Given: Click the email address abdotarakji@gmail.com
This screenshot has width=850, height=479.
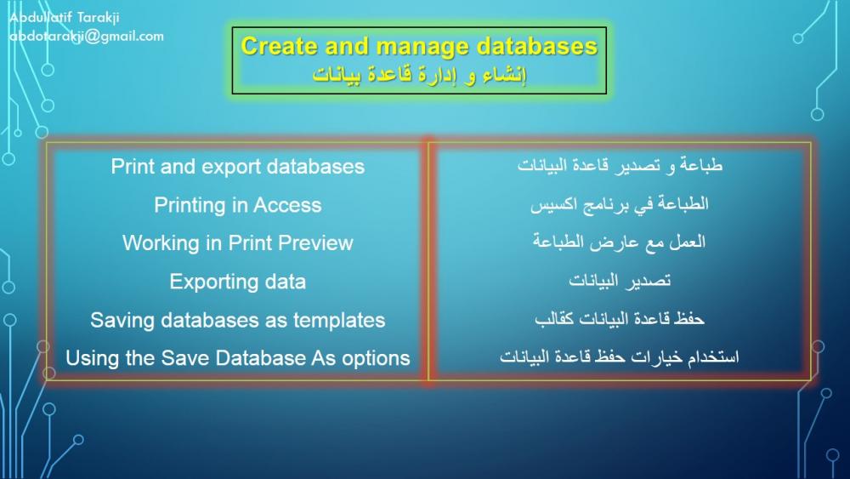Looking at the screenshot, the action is point(87,37).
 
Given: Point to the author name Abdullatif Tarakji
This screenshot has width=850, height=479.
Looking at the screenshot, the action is point(64,17).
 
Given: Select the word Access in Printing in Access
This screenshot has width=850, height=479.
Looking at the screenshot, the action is point(287,205).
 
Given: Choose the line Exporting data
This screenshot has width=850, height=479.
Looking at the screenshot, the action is point(237,282).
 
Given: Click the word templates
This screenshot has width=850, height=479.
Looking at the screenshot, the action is point(339,320).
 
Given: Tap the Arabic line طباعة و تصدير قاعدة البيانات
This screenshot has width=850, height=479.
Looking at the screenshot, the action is point(620,165).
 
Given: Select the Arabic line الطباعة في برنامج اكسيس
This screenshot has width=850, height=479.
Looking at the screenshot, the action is point(620,204).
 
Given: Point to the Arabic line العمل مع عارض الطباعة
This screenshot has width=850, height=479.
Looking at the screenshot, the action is point(619,242).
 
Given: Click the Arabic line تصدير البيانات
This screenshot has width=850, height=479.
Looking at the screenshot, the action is point(620,280).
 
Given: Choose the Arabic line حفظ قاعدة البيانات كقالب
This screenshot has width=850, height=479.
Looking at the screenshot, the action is point(620,318).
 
